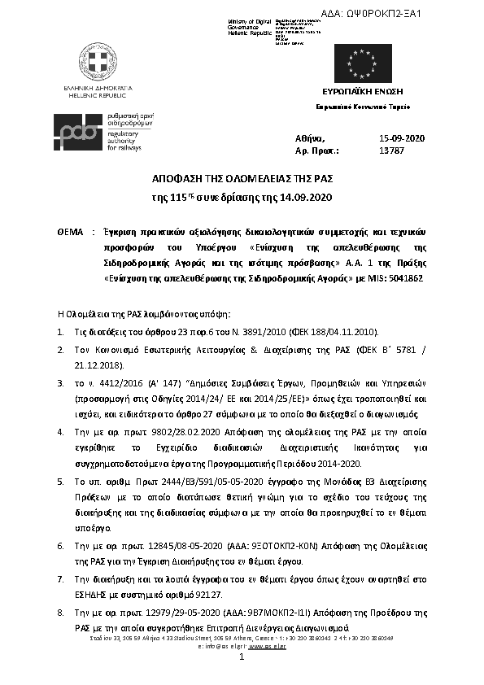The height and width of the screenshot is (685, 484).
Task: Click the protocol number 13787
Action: (391, 151)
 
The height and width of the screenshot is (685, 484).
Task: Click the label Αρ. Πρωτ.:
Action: (316, 151)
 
